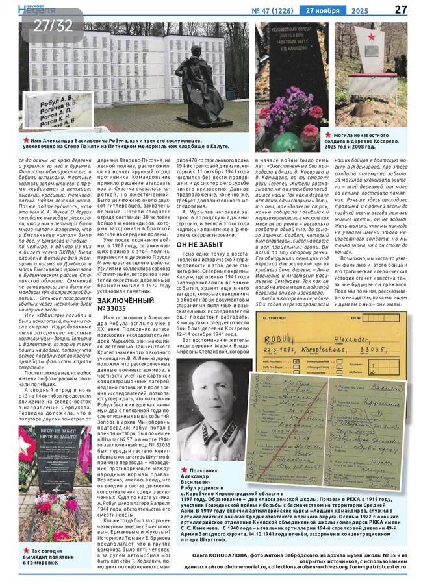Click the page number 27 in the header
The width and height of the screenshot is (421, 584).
[401, 8]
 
